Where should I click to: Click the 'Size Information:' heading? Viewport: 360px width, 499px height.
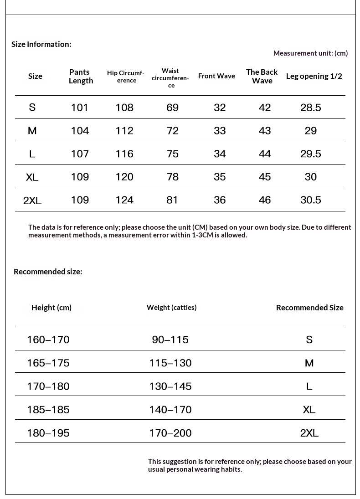[x=41, y=44]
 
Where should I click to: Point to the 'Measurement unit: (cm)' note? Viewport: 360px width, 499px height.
[x=310, y=53]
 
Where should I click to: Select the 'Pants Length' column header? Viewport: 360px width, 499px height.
[x=81, y=76]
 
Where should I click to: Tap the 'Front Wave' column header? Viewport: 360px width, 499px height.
[x=216, y=76]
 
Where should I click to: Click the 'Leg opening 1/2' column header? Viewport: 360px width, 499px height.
[x=314, y=76]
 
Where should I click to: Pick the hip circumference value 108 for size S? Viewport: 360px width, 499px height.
[x=124, y=108]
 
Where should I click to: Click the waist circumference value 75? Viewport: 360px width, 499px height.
[x=173, y=154]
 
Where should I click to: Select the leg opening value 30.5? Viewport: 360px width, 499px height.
[x=311, y=200]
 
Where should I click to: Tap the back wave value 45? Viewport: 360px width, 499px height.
[x=265, y=177]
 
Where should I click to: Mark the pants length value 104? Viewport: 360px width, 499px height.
[x=80, y=131]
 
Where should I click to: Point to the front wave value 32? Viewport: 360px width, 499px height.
[x=220, y=108]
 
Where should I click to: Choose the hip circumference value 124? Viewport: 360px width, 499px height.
[x=124, y=200]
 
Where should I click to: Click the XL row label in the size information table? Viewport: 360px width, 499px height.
[x=32, y=177]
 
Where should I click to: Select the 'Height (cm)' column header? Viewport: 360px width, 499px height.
[x=51, y=308]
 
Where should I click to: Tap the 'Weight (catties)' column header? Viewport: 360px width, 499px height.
[x=171, y=308]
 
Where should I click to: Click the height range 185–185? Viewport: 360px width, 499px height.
[x=48, y=410]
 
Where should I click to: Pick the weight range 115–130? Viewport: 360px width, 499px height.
[x=170, y=363]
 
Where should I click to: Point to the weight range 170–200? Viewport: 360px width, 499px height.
[x=170, y=433]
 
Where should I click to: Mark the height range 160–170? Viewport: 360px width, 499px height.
[x=48, y=340]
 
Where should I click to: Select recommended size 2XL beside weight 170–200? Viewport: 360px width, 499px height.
[x=309, y=433]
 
